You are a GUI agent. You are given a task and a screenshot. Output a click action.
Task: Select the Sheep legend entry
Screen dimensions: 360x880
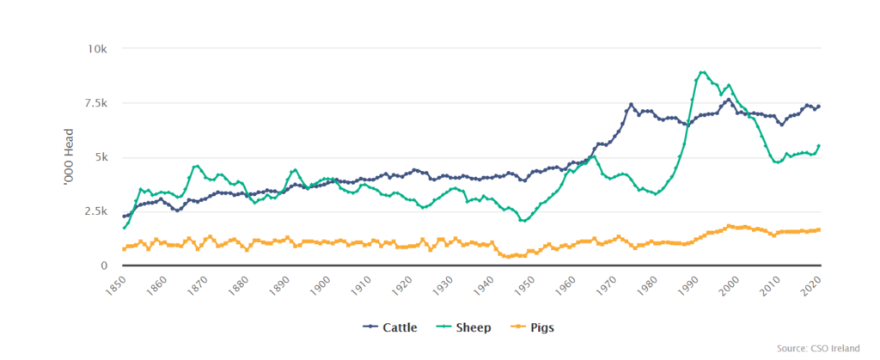pos(467,326)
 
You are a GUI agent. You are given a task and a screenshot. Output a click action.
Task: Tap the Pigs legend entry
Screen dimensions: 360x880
pos(538,326)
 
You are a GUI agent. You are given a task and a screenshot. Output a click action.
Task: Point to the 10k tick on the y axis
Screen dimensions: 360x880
pos(96,48)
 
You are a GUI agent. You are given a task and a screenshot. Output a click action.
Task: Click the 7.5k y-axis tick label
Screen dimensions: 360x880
pos(94,103)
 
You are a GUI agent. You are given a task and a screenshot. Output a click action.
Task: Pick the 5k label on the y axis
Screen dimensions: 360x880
pos(100,157)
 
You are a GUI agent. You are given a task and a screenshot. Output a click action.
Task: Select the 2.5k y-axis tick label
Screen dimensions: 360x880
pos(94,211)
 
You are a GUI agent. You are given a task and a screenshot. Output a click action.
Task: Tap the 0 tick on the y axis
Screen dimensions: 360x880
pos(104,265)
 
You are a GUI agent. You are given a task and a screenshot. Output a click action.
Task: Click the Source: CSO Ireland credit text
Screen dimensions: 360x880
pos(826,351)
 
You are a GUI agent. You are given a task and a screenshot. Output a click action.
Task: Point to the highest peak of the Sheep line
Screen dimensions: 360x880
pos(702,72)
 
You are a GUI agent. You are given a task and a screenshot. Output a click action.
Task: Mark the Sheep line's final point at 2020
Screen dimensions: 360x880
pos(819,145)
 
